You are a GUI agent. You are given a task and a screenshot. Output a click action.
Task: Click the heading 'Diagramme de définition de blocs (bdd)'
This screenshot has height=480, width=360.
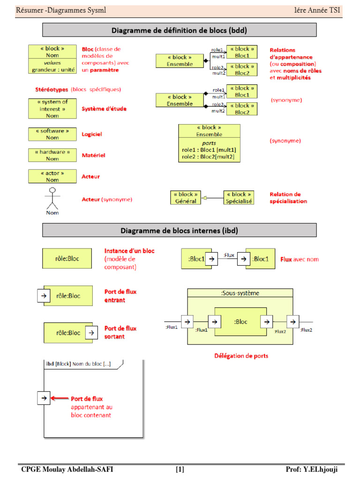click(x=179, y=30)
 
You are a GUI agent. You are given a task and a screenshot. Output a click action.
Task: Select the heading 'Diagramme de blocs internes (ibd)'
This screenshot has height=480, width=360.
click(x=179, y=231)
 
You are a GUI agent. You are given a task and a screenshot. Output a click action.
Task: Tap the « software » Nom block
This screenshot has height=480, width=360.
click(x=52, y=134)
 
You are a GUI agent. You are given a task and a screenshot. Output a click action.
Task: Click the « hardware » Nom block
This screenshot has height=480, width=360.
click(x=52, y=155)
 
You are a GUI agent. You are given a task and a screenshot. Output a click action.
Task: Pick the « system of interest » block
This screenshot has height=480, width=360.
click(x=52, y=108)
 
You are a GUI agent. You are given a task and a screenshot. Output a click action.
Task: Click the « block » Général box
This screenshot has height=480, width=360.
click(x=185, y=197)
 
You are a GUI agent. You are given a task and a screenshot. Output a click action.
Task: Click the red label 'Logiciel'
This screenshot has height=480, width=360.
click(x=92, y=134)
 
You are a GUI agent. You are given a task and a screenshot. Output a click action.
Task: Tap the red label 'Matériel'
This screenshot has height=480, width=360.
click(x=93, y=155)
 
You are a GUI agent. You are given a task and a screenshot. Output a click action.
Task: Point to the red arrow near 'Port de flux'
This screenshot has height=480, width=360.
click(x=59, y=398)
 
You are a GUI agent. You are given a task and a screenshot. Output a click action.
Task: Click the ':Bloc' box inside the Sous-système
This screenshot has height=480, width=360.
click(x=240, y=322)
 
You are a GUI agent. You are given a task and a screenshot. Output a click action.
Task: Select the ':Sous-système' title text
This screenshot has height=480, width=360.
click(x=240, y=293)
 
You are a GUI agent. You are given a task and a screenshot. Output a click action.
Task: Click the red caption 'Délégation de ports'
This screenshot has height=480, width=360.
click(x=241, y=356)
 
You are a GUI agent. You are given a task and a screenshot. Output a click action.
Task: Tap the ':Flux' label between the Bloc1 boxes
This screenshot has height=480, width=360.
click(x=229, y=255)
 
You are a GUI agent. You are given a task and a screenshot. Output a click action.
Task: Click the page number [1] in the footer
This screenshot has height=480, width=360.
click(x=180, y=470)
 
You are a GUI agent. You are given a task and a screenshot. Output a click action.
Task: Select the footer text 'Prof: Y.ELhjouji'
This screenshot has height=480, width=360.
click(x=311, y=470)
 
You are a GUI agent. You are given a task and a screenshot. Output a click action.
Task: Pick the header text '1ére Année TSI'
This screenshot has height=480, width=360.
click(x=317, y=10)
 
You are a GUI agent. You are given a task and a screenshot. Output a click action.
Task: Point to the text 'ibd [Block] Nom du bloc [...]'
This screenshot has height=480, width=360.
click(x=78, y=364)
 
